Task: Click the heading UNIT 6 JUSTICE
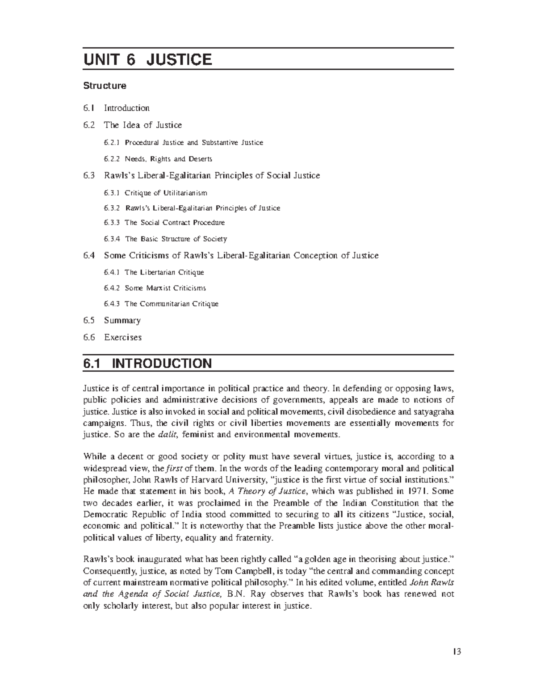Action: [147, 59]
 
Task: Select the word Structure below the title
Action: [105, 85]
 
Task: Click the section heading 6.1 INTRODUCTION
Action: [147, 363]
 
